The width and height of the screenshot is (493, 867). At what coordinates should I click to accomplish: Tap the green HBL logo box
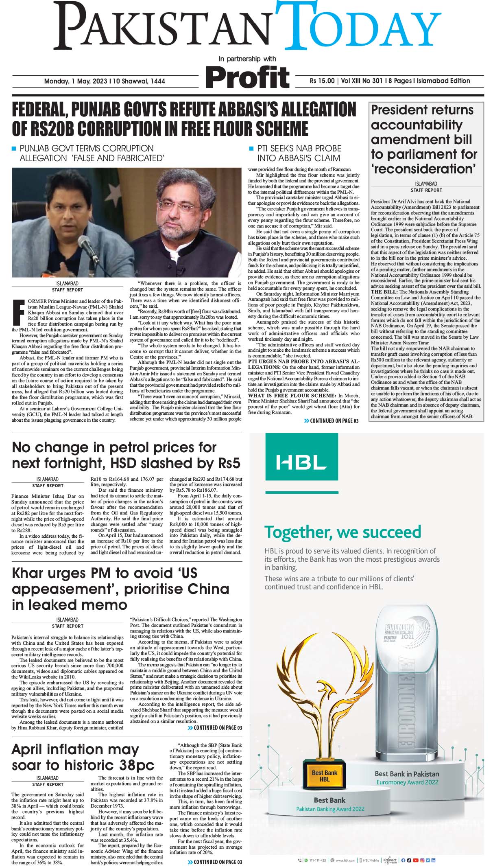point(301,462)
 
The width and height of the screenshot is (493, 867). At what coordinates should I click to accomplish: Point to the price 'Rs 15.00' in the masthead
point(322,81)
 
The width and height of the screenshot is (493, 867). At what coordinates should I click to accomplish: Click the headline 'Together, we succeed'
point(342,532)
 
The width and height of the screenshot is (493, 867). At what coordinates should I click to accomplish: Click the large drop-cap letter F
point(18,313)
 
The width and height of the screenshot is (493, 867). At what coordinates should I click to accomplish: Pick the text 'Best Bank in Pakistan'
point(406,773)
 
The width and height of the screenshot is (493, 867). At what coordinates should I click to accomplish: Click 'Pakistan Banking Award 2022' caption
point(329,809)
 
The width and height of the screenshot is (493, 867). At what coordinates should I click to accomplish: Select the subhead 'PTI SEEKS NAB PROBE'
point(299,148)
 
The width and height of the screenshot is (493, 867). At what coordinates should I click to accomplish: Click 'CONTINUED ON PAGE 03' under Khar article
point(215,727)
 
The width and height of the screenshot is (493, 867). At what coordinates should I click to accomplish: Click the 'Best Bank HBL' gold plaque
point(324,775)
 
